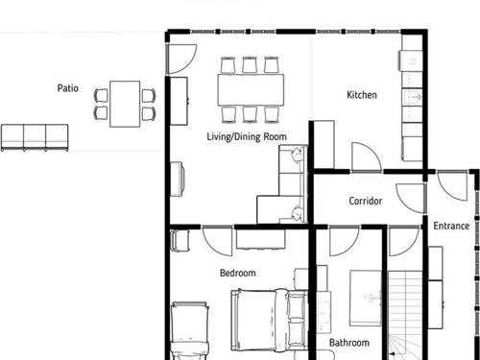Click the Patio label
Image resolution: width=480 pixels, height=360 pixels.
(67, 88)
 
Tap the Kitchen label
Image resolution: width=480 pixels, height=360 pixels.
(362, 95)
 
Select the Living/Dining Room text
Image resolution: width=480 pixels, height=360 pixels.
(247, 137)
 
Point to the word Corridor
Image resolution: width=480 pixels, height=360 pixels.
(366, 201)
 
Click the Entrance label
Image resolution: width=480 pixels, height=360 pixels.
(451, 226)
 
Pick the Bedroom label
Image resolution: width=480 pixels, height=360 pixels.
(238, 273)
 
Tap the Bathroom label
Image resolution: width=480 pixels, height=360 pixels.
(349, 343)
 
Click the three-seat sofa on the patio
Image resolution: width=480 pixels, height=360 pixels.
(35, 137)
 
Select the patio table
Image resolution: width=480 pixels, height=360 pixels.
(125, 104)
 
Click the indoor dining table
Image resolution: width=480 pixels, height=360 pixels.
(251, 90)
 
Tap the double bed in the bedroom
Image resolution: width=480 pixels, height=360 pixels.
(269, 320)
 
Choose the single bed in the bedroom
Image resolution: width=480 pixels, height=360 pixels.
(189, 330)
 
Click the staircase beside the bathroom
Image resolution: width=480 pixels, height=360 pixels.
(405, 315)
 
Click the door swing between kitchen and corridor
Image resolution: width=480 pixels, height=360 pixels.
(367, 156)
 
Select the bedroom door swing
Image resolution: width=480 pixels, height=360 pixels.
(218, 241)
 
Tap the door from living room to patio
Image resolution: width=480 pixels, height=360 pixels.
(181, 60)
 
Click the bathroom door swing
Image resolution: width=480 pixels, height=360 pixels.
(345, 241)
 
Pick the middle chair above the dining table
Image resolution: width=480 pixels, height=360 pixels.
(250, 65)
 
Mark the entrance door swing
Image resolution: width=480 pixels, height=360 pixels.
(452, 186)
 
